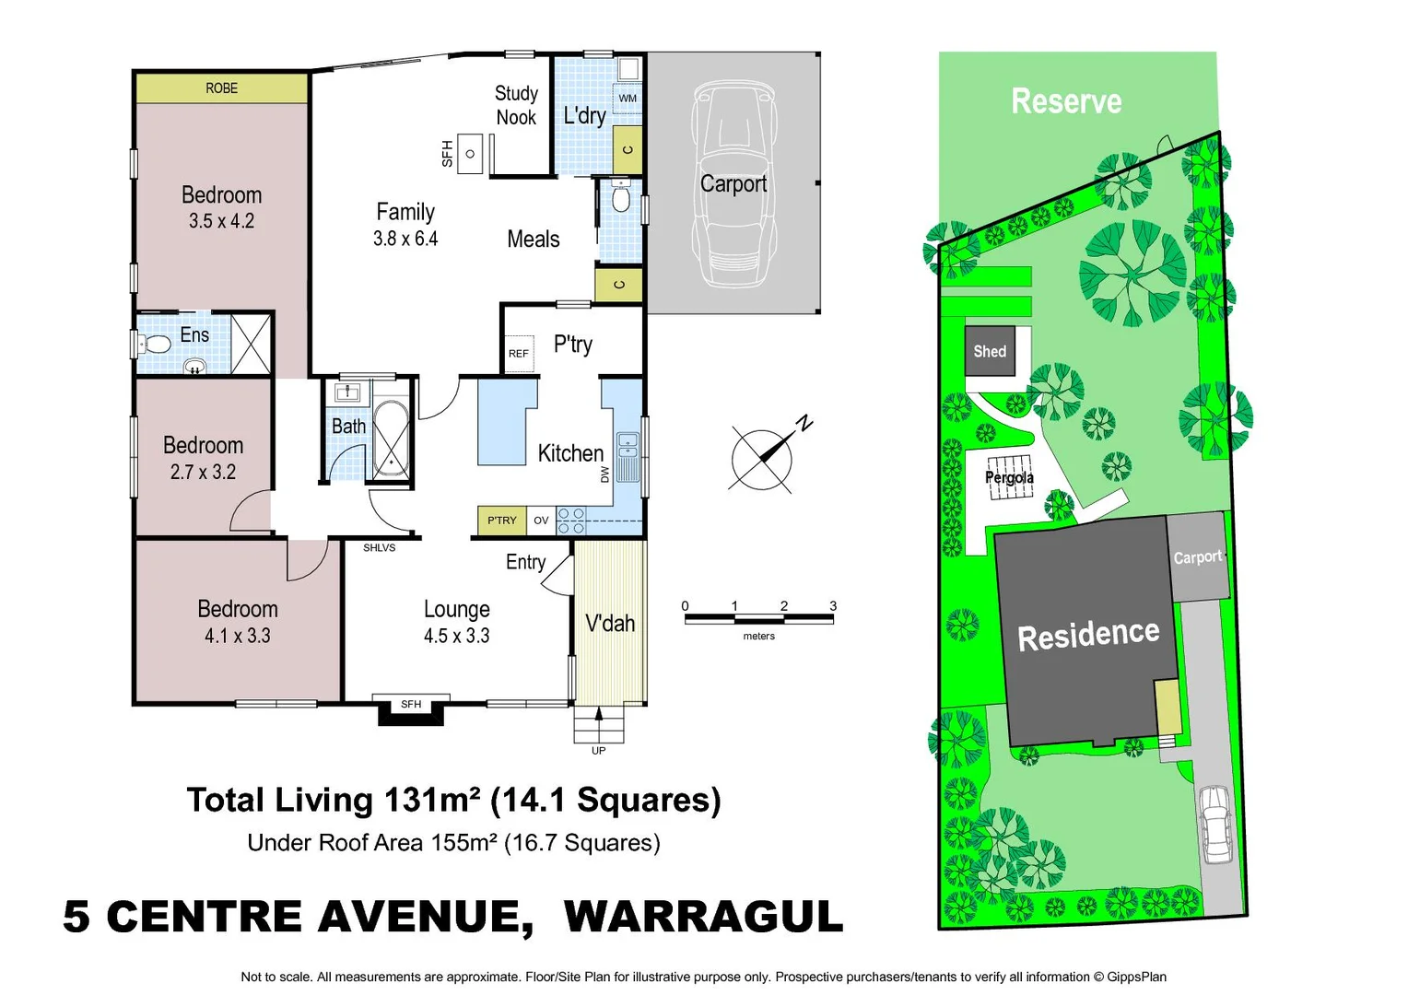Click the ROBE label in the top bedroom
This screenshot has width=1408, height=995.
click(x=221, y=88)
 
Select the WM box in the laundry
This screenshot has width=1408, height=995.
click(x=628, y=98)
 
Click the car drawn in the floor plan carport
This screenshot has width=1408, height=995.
click(x=733, y=184)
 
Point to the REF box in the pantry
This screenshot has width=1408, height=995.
click(x=519, y=354)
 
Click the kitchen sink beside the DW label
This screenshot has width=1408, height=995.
click(x=628, y=457)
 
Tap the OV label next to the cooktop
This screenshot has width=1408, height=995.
click(x=541, y=521)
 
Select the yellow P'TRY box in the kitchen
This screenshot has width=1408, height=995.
click(x=501, y=521)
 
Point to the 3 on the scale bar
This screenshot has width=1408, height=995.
click(x=833, y=606)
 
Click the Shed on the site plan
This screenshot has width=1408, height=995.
click(x=990, y=351)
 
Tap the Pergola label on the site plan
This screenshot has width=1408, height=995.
click(x=1009, y=477)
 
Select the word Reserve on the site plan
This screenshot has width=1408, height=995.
click(x=1066, y=101)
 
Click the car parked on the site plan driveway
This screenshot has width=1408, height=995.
click(x=1216, y=824)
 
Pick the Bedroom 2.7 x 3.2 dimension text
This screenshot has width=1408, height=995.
click(x=203, y=472)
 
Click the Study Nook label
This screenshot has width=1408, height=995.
click(x=516, y=105)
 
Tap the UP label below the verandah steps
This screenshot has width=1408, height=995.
click(x=598, y=751)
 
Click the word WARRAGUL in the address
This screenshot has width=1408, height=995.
click(x=703, y=917)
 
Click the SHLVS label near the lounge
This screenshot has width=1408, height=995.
click(x=379, y=548)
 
